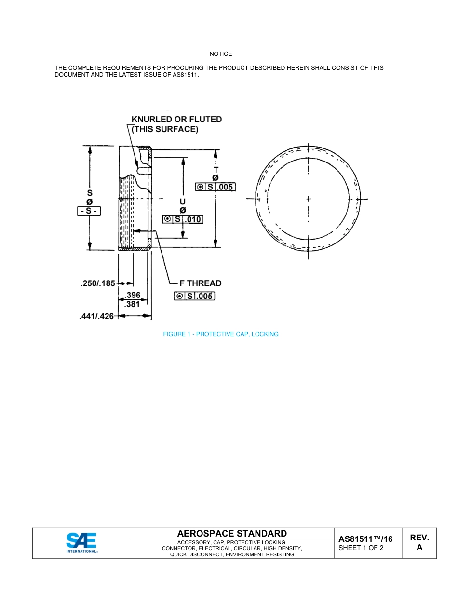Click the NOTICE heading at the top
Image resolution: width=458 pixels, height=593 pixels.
pos(220,54)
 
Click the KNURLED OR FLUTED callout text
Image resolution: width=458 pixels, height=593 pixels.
pos(176,120)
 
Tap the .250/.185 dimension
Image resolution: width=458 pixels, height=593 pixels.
pos(98,283)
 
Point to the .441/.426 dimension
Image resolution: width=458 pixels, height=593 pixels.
pos(96,316)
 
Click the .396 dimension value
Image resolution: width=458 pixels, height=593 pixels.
pos(132,296)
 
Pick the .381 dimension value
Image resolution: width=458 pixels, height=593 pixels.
pos(132,304)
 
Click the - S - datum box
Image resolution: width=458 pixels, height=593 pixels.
pos(89,211)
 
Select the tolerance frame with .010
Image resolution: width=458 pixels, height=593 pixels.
pos(183,219)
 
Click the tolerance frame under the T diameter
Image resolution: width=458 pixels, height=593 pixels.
pos(216,187)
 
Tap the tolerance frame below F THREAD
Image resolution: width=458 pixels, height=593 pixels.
pos(194,296)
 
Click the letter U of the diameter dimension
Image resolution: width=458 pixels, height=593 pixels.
pos(183,202)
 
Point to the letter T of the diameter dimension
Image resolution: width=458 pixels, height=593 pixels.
pos(216,170)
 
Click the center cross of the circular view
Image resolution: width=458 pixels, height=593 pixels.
pos(308,199)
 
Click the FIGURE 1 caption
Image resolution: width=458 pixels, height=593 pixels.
pos(221,334)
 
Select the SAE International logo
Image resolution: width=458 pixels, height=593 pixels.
pos(81,543)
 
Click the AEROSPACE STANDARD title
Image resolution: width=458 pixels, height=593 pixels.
pos(232,533)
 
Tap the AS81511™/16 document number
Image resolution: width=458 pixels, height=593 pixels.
pos(365,539)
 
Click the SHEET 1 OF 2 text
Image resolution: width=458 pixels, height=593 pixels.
pos(361,548)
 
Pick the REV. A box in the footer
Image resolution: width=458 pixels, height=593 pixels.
pos(419,543)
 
